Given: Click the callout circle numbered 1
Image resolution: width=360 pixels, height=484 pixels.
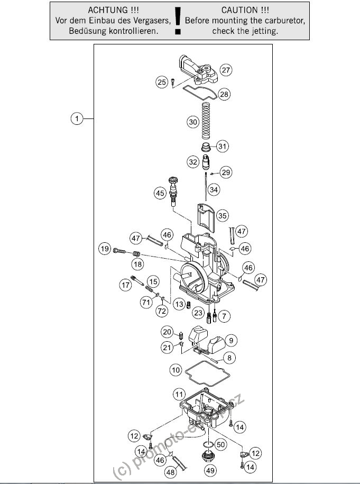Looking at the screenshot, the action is click(x=77, y=118).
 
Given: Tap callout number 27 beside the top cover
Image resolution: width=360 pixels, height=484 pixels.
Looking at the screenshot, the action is click(x=226, y=70).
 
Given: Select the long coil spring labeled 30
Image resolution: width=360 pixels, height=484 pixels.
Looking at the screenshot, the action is click(x=206, y=121).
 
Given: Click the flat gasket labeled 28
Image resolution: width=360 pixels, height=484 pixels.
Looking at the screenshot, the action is click(x=200, y=93).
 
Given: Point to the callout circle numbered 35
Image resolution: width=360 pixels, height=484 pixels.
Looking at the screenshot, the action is click(x=223, y=216).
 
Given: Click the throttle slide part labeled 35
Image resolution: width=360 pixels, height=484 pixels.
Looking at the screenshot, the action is click(x=206, y=217).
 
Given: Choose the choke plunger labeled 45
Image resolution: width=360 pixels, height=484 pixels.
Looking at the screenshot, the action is click(x=173, y=191).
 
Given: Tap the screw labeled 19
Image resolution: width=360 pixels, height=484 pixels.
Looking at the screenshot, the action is click(x=119, y=251).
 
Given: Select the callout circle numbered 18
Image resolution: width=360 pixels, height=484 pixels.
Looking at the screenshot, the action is click(x=137, y=264).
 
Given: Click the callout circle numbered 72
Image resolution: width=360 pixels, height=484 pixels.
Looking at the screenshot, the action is click(x=162, y=311).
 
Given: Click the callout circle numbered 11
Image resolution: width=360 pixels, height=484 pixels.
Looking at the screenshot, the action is click(x=179, y=394).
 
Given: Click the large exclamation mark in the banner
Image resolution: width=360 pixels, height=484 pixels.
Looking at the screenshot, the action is click(x=178, y=20).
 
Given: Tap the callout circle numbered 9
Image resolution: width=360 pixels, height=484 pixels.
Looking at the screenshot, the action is click(x=231, y=341).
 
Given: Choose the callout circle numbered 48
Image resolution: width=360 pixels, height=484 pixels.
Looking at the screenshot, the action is click(x=170, y=472).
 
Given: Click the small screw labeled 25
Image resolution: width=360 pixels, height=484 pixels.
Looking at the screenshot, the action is click(x=173, y=82).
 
